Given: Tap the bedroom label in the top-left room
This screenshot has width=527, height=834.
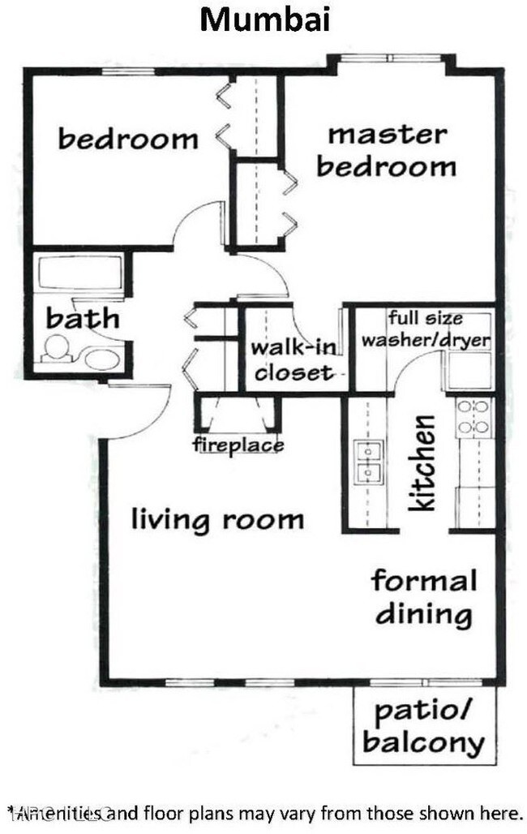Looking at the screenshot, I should (x=128, y=139).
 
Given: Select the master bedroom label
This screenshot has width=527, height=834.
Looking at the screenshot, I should (x=387, y=151).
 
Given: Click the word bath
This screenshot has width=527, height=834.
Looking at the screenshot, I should (x=82, y=318).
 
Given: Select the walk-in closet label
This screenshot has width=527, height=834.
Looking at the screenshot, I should (x=293, y=360).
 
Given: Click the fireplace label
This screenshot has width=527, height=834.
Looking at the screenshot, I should (x=238, y=445).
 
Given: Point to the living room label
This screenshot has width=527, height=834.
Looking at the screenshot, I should (x=217, y=519).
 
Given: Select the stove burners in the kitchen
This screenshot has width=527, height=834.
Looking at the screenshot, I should (x=473, y=416).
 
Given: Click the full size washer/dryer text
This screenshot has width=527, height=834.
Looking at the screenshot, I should (x=426, y=329).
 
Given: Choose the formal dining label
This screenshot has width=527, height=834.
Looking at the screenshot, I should (x=423, y=597).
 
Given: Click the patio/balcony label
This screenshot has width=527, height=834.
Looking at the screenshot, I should (x=423, y=727).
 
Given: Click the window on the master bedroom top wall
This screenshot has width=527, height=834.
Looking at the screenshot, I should (x=391, y=58).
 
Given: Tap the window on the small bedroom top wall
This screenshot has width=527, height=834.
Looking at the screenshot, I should (x=127, y=71).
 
